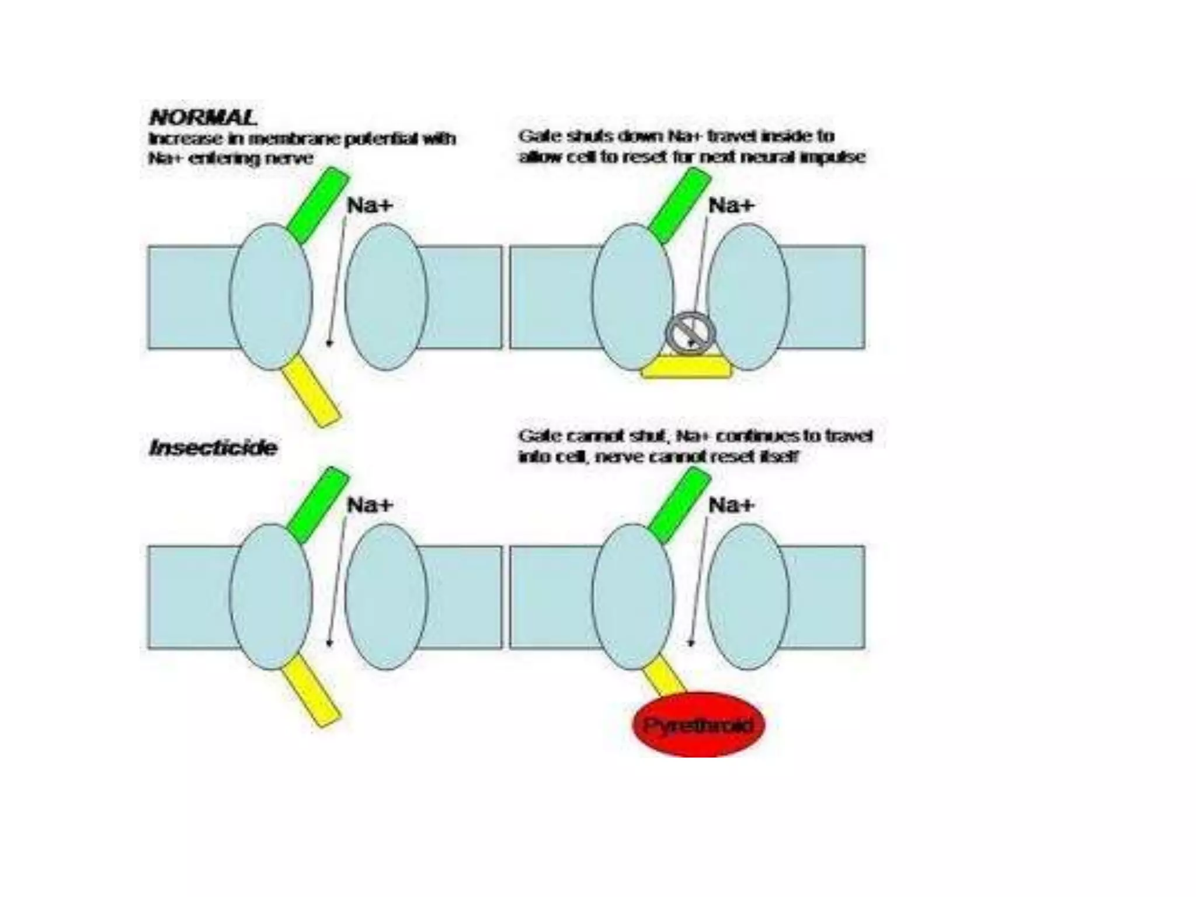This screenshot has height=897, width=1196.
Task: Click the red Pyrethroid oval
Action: point(698,725)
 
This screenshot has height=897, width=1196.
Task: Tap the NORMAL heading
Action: point(203,117)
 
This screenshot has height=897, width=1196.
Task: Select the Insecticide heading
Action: point(213,448)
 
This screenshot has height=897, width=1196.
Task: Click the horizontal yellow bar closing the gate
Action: point(686,368)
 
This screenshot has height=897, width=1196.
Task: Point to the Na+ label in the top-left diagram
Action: point(370,206)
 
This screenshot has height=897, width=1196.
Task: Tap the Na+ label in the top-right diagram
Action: point(731,206)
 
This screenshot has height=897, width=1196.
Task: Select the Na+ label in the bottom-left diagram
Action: point(370,505)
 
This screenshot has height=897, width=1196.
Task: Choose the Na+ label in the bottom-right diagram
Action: point(731,505)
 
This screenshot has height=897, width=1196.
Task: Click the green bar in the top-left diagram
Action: point(318,205)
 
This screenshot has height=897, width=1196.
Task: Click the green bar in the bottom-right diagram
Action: point(679,505)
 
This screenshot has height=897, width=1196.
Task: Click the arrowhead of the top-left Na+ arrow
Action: point(329,343)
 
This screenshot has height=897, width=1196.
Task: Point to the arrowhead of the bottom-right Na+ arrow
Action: point(691,643)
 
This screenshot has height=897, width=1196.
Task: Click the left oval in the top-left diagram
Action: point(270,297)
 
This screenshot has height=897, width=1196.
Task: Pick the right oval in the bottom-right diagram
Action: point(748,596)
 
